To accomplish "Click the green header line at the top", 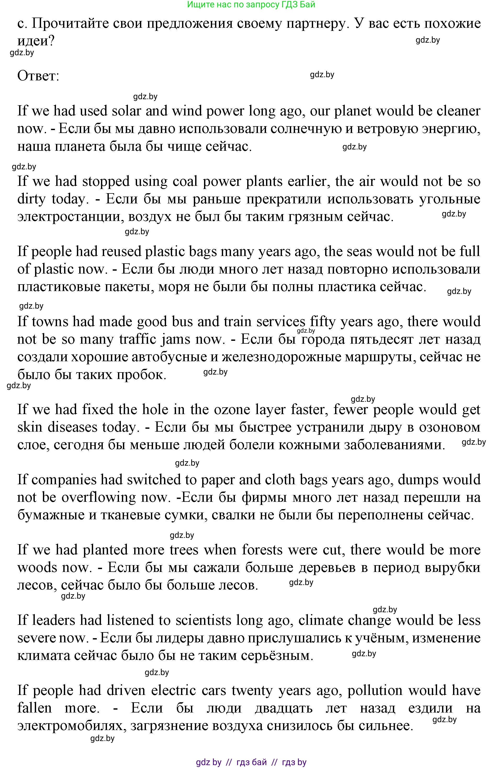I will (x=251, y=4).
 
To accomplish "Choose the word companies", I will (x=64, y=480).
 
